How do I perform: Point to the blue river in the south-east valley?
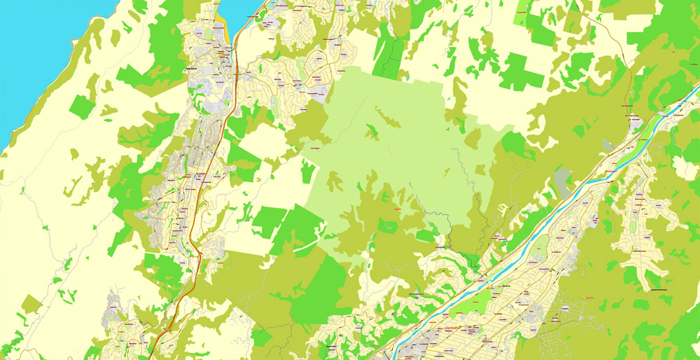point(560,210)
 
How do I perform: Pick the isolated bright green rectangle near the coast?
point(81,106)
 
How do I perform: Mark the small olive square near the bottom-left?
point(31,304)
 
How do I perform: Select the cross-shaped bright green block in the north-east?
point(518,70)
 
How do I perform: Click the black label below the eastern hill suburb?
point(654,289)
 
